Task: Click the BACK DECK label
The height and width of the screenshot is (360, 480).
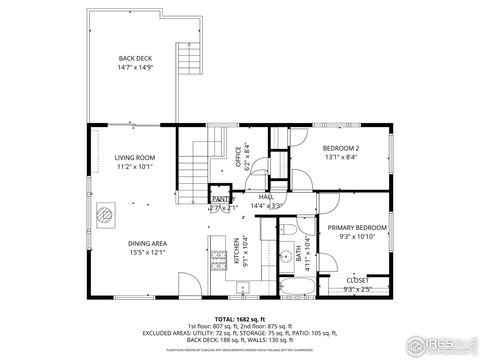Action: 134,63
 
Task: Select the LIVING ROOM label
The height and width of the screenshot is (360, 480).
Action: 134,162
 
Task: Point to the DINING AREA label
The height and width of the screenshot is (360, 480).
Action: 146,247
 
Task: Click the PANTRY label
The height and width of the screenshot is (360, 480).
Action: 222,200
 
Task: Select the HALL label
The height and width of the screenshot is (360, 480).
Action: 267,201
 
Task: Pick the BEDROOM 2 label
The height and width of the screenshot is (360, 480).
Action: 341,151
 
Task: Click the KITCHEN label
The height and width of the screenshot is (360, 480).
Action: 238,250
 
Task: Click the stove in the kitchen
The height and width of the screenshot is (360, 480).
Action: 219,262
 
